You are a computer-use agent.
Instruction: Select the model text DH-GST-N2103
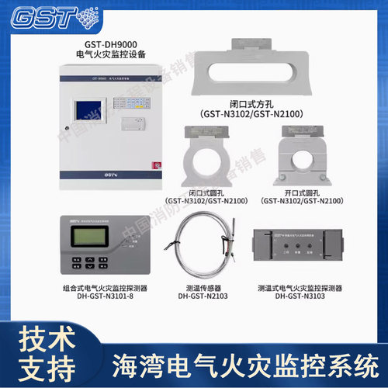(203, 296)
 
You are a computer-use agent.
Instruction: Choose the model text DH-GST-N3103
(299, 296)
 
